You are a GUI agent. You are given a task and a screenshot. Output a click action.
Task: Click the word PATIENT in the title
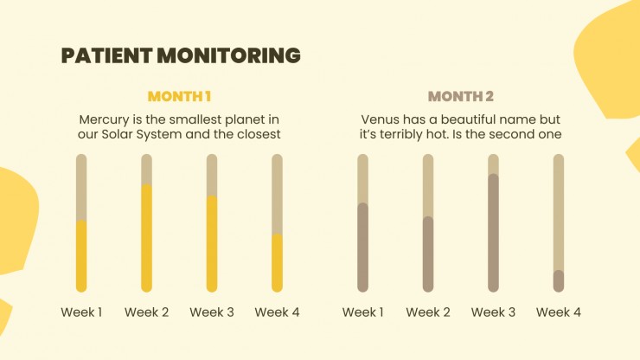coord(106,55)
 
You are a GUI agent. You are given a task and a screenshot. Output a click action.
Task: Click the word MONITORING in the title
coord(229,55)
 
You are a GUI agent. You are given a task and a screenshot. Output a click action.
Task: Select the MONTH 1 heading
coord(179,96)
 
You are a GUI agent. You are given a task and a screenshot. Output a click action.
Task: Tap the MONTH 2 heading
coord(461,96)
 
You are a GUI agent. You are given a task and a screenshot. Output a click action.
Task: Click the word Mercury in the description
coord(104,120)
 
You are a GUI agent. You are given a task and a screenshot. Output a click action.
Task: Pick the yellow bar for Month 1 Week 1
coord(81,256)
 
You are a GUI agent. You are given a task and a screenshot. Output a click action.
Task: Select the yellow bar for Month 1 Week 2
coord(146,238)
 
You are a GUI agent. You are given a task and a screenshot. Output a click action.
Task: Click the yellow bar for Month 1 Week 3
coord(212,244)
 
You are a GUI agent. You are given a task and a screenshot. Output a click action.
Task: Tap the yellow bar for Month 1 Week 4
coord(277,263)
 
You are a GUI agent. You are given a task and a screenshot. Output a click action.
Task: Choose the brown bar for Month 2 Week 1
coord(363,247)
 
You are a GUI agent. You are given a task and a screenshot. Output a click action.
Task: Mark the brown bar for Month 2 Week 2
coord(428,254)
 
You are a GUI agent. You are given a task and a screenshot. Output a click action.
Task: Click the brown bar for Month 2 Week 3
coord(494,233)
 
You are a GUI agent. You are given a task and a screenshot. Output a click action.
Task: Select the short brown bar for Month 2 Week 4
coord(559,281)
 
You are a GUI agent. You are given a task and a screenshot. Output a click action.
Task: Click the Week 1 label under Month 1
coord(81,312)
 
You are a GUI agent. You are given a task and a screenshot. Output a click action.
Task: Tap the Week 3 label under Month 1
coord(212,312)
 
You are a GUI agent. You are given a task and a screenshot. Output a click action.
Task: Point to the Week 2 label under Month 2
coord(428,312)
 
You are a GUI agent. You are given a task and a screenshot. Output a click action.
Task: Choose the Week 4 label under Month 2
coord(559,312)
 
